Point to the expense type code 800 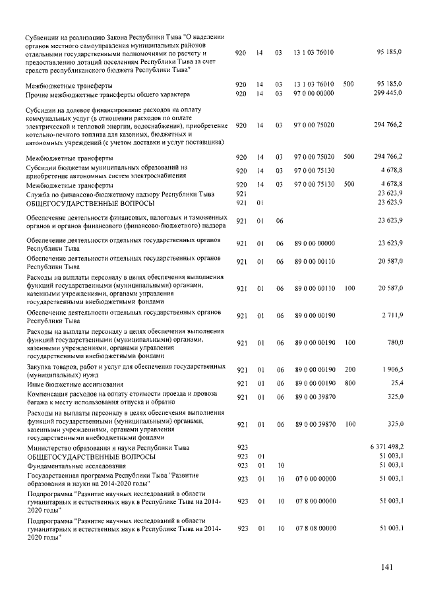(349, 382)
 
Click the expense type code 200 (349, 369)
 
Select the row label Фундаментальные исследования (73, 466)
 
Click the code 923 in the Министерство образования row (241, 447)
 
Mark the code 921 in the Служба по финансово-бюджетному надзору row (241, 193)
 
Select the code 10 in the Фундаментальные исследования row (280, 465)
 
